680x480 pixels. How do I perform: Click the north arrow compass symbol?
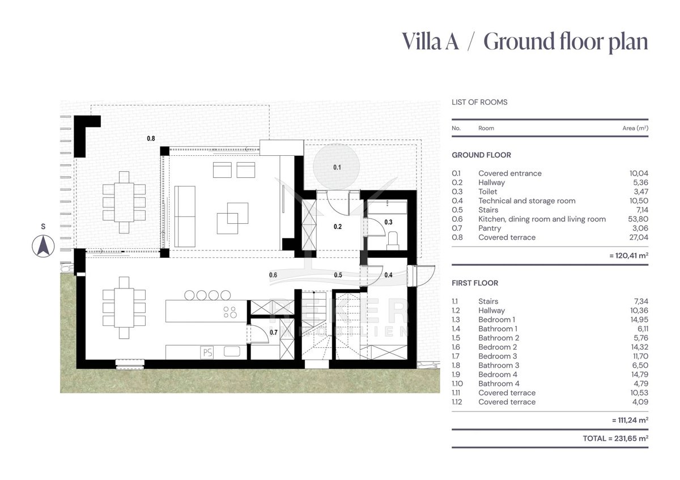tap(44, 246)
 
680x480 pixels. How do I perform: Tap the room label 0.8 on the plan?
tap(151, 138)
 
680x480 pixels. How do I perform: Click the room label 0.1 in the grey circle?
tap(337, 167)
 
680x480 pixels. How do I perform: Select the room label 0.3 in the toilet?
tap(388, 222)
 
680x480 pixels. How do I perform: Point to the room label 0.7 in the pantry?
tap(274, 333)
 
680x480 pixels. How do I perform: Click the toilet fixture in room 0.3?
tap(393, 240)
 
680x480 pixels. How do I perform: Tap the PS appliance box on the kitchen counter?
tap(207, 352)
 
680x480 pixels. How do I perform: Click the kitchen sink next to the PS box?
tap(232, 351)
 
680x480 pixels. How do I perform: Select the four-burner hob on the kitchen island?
tap(230, 312)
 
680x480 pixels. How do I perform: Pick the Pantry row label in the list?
tap(490, 228)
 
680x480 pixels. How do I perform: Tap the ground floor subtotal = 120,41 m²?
tap(628, 256)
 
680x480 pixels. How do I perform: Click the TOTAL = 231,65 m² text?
tap(615, 439)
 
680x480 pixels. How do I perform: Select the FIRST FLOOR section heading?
tap(475, 283)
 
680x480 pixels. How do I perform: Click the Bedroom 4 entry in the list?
tap(498, 375)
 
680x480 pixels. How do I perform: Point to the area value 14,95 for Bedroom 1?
tap(639, 320)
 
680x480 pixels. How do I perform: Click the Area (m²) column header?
tap(635, 128)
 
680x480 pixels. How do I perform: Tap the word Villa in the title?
tap(422, 41)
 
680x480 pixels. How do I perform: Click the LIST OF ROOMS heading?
tap(479, 102)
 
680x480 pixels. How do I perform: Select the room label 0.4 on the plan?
tap(388, 275)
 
